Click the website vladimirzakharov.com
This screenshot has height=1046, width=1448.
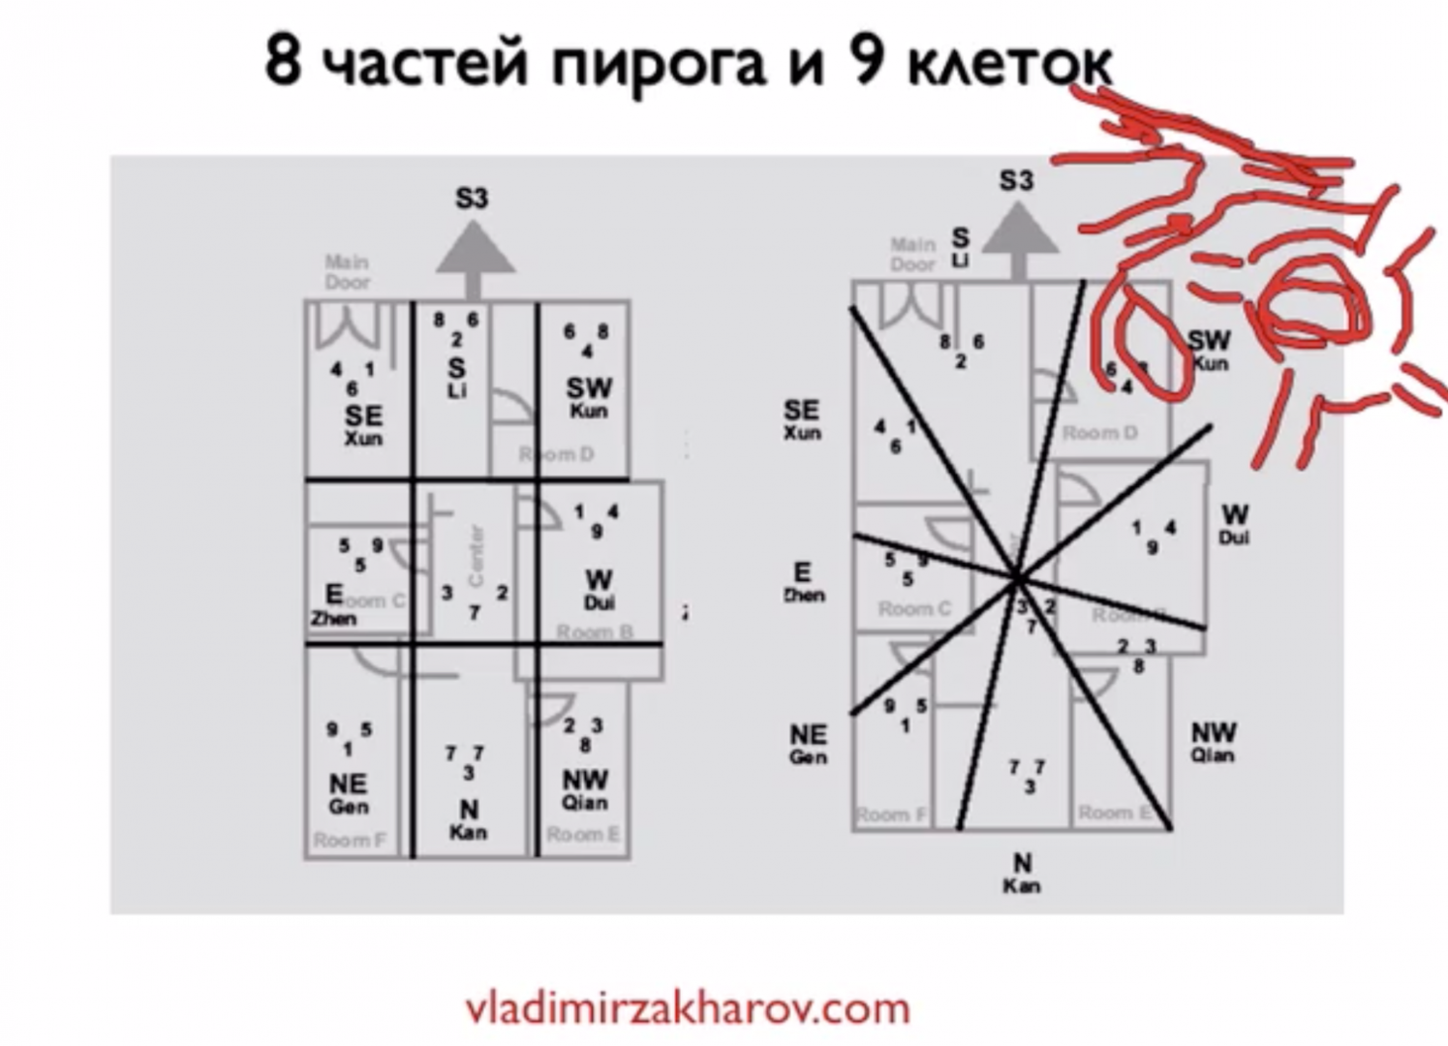688,1008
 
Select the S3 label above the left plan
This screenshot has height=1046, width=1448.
472,199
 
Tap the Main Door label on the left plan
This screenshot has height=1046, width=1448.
347,272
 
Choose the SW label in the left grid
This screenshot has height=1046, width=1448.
589,388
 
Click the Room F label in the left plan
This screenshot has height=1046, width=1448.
349,840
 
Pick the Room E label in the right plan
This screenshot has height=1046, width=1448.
1115,813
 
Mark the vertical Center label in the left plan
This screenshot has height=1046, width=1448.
476,556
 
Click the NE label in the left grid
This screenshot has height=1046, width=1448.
348,784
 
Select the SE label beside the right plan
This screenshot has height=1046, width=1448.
801,411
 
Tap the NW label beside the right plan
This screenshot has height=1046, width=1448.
1214,733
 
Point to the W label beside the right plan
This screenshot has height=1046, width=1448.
1235,514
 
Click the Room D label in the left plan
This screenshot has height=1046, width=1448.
556,454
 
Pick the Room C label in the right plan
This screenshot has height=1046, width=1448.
914,609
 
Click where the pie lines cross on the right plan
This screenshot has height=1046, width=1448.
1017,579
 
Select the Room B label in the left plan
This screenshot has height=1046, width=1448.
595,632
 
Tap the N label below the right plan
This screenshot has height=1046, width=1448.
1023,863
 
